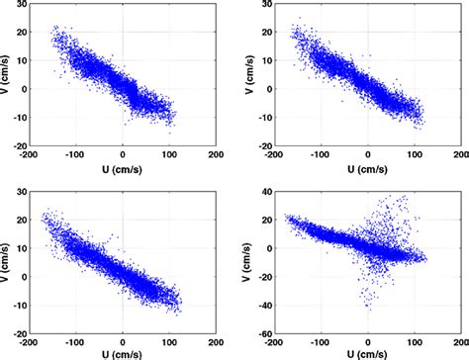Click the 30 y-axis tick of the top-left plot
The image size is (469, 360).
(21, 5)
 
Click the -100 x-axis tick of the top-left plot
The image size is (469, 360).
(76, 155)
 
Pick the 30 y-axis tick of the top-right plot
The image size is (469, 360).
(265, 5)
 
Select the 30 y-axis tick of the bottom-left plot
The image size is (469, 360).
(21, 188)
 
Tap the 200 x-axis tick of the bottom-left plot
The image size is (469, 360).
(216, 338)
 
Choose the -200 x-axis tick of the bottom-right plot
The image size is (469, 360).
(274, 338)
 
